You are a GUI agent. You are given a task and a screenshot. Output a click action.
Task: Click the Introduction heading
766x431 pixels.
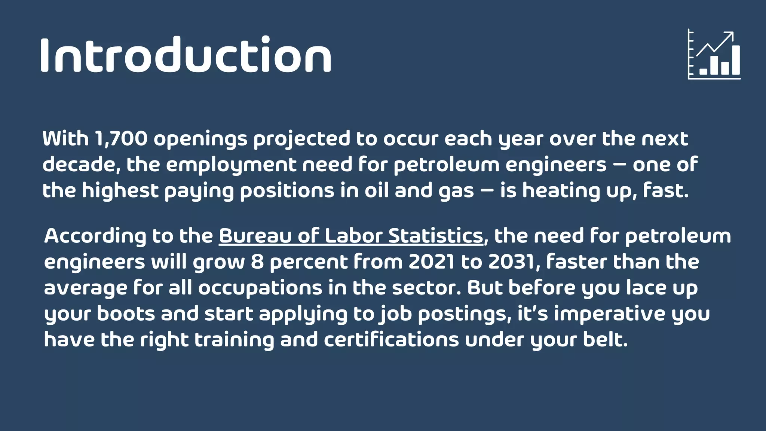186,55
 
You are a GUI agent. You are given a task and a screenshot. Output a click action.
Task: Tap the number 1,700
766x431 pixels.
121,139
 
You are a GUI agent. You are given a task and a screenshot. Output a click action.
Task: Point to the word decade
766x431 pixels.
80,165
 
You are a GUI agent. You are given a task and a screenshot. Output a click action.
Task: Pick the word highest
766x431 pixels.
120,191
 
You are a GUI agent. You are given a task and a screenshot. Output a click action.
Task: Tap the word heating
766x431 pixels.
561,191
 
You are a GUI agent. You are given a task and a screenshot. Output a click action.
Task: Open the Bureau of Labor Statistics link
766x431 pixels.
351,236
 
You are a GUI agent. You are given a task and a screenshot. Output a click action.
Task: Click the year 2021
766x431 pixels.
432,262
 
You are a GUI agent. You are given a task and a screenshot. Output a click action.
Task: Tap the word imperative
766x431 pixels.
609,314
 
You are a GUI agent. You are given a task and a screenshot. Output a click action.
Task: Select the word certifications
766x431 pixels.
391,340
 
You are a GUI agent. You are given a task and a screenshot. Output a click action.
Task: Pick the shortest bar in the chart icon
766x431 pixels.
704,71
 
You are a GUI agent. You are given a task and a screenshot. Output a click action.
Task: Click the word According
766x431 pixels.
95,236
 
